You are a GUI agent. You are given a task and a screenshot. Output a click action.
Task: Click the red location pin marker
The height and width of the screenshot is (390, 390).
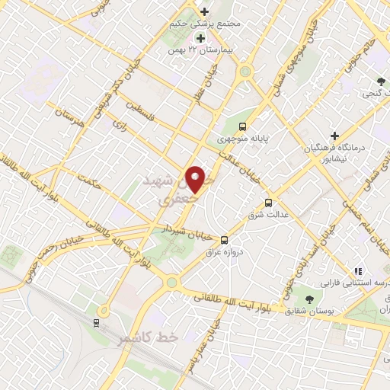point(196,179)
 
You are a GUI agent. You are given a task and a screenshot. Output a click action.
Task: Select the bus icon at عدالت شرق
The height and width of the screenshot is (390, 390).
point(268,203)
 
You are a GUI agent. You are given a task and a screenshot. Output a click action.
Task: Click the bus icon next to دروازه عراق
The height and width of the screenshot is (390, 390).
point(223,239)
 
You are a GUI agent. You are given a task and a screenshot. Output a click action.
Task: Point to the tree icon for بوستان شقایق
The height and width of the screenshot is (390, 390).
point(309,299)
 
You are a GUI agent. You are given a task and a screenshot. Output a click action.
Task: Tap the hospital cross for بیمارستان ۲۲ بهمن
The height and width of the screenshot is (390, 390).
point(200,38)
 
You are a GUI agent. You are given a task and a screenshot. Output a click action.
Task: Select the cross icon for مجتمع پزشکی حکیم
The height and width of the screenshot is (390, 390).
point(204,11)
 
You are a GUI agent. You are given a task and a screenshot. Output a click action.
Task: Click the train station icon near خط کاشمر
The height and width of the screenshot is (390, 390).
point(97,323)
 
